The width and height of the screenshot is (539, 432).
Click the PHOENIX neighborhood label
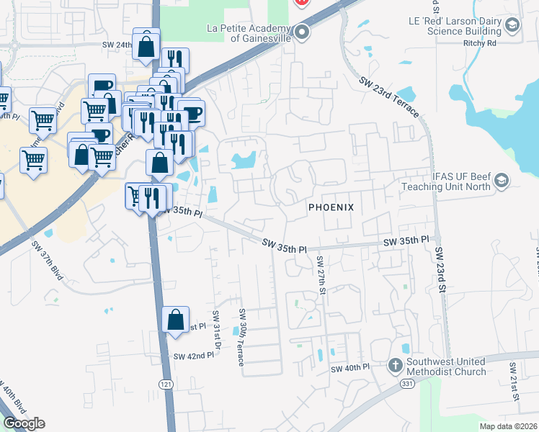coord(331,207)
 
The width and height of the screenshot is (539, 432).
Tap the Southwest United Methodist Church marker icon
coord(395,365)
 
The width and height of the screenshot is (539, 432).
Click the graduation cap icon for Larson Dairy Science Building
coord(512,26)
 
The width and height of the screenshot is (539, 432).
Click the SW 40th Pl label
coord(349,368)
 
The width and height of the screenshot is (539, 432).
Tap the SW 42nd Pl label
coord(194,356)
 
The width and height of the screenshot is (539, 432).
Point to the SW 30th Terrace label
coord(242,343)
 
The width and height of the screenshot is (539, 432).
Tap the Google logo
coord(24,423)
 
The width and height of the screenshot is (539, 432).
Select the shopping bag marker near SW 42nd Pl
coord(176,320)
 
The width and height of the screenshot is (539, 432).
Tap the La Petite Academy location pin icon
coord(302,33)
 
